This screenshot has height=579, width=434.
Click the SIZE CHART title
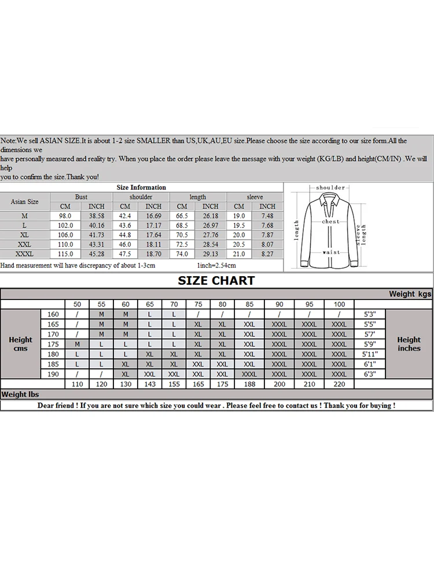(216, 281)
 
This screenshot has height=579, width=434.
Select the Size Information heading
(141, 188)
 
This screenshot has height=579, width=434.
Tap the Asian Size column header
(25, 201)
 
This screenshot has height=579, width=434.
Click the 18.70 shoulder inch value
(153, 254)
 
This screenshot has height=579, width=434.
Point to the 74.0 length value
(182, 254)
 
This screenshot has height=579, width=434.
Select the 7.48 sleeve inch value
(267, 216)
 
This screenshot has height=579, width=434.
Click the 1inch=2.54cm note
(217, 265)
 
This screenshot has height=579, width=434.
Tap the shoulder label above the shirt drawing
(330, 188)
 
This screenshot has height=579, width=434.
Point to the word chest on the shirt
(330, 222)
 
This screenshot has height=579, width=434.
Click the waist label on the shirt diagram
(330, 252)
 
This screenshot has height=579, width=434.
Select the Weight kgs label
(410, 294)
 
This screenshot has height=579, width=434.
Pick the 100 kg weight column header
(339, 304)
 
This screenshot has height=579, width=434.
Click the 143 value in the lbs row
(149, 384)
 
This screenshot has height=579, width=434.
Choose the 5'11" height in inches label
(369, 353)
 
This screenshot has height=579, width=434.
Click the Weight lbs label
(20, 394)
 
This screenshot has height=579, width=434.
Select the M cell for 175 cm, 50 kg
(77, 343)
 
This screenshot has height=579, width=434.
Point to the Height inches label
(409, 344)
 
